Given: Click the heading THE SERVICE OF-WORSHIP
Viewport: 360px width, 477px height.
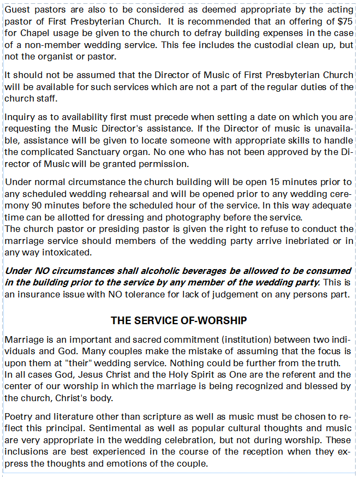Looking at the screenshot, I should point(179,320).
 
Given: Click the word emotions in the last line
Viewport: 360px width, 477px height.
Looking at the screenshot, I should point(137,463).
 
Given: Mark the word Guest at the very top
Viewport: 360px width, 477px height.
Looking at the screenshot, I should point(17,10).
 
